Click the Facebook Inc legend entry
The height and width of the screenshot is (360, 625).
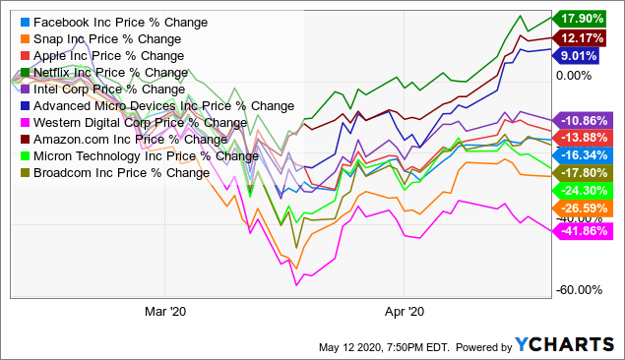(99, 21)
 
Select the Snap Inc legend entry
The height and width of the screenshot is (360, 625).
(94, 38)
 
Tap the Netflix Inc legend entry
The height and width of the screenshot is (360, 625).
(96, 72)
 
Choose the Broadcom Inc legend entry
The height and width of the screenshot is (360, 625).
(114, 173)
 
